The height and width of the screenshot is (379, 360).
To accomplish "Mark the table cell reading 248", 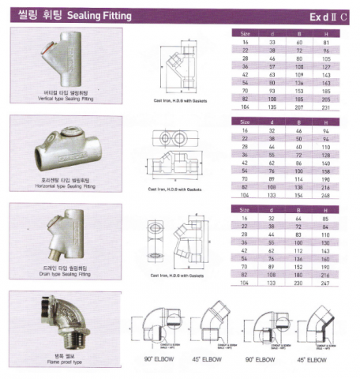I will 336,193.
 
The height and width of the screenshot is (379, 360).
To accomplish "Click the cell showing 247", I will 336,282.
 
